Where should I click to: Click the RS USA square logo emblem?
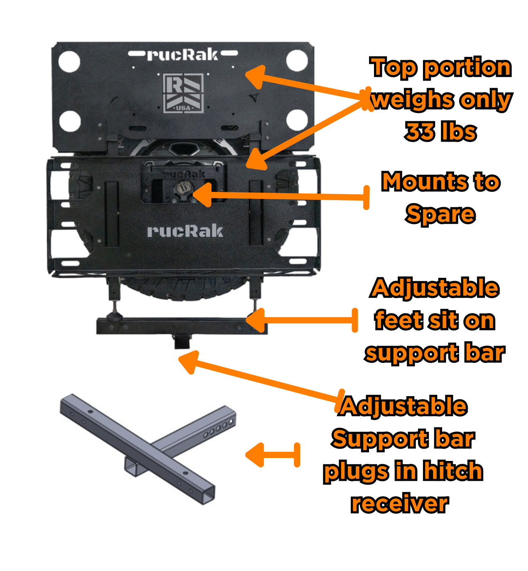pyautogui.click(x=183, y=93)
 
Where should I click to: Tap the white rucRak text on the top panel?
pyautogui.click(x=183, y=55)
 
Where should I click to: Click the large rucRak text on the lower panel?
pyautogui.click(x=185, y=231)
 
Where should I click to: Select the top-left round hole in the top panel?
pyautogui.click(x=69, y=61)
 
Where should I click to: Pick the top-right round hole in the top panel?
pyautogui.click(x=297, y=61)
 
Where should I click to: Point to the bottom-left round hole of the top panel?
pyautogui.click(x=70, y=121)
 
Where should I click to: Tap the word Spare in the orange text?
pyautogui.click(x=440, y=214)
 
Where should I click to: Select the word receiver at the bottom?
pyautogui.click(x=400, y=504)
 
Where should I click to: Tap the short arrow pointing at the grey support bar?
pyautogui.click(x=272, y=455)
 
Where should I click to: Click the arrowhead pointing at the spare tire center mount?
pyautogui.click(x=203, y=194)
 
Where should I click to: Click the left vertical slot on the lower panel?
pyautogui.click(x=112, y=213)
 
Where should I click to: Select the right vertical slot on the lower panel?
pyautogui.click(x=257, y=213)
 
